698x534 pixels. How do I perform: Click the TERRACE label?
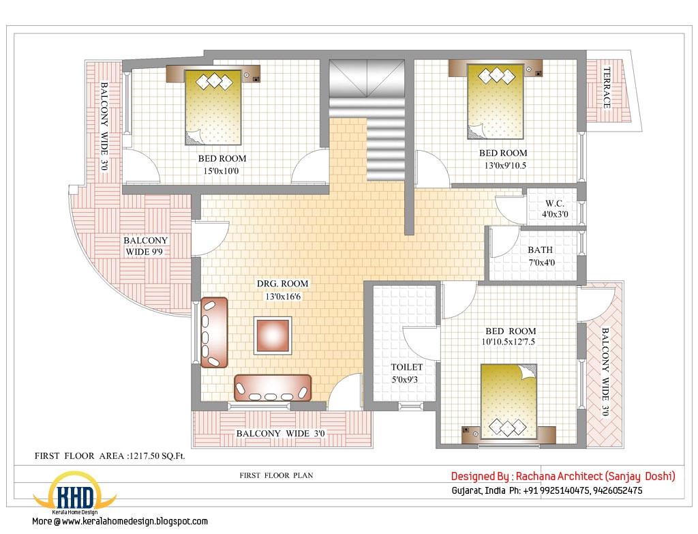(606, 87)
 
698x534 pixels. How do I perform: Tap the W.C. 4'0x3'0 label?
(556, 209)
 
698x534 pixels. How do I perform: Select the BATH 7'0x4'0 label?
(540, 256)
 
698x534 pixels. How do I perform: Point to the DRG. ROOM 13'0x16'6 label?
(282, 289)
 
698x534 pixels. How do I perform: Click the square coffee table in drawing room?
(273, 335)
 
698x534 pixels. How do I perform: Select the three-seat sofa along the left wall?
(214, 332)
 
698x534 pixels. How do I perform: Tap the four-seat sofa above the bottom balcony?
(272, 387)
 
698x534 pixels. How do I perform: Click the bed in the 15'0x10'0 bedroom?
(214, 107)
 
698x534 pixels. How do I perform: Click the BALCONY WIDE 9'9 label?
(146, 246)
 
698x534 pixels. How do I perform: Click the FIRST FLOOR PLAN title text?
(276, 475)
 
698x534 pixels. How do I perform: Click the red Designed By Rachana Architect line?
(563, 476)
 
